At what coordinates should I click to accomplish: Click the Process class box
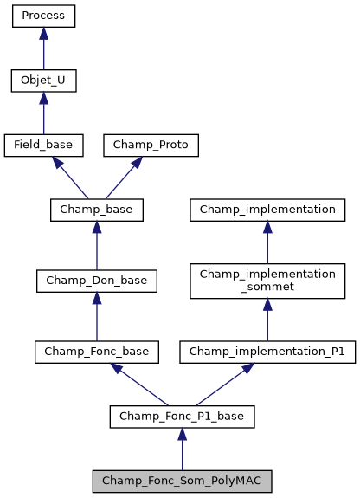(x=43, y=16)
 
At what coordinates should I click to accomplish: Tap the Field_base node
(x=43, y=145)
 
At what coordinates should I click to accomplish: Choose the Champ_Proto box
(x=151, y=145)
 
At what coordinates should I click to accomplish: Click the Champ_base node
(x=96, y=210)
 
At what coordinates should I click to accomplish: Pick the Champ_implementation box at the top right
(x=267, y=210)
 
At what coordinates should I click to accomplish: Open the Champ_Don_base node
(x=96, y=280)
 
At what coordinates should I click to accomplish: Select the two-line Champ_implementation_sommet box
(x=267, y=280)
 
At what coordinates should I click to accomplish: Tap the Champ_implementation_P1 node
(x=267, y=352)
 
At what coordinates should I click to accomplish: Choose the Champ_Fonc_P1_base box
(x=182, y=417)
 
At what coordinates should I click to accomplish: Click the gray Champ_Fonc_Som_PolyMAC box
(x=182, y=480)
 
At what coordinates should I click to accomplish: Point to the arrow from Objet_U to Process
(x=43, y=49)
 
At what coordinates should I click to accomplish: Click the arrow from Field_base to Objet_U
(x=43, y=113)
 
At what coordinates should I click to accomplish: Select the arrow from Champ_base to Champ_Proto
(x=125, y=176)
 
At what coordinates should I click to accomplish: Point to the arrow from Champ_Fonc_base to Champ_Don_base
(x=96, y=316)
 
